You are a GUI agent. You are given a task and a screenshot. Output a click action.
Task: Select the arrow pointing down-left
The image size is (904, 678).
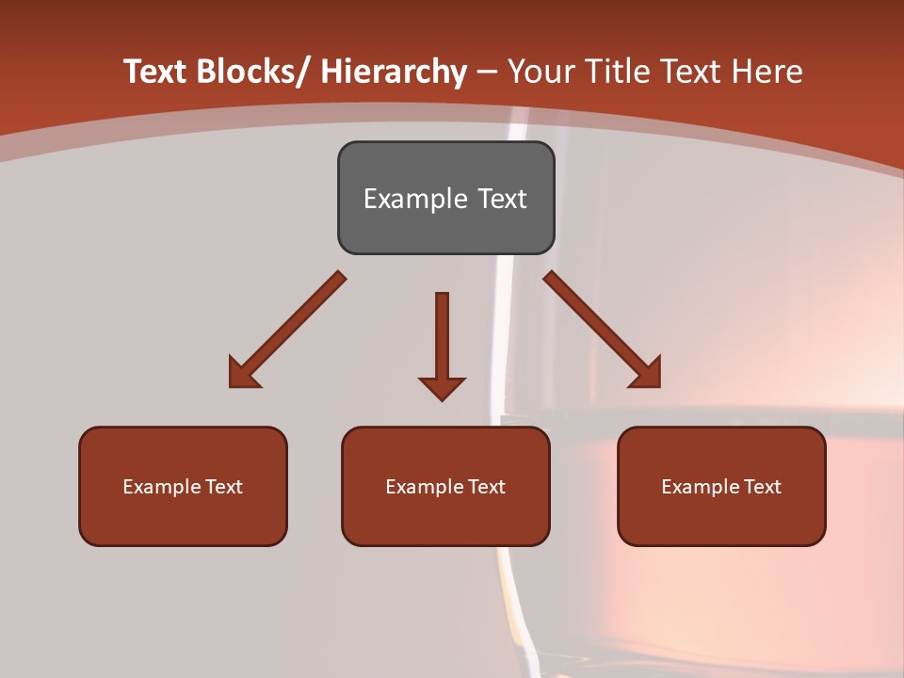(x=287, y=330)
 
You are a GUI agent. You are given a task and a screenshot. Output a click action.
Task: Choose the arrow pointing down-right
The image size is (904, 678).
(x=603, y=330)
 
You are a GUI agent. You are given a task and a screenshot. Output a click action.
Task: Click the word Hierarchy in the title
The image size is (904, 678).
(x=394, y=72)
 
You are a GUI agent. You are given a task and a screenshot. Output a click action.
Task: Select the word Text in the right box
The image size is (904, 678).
(x=761, y=487)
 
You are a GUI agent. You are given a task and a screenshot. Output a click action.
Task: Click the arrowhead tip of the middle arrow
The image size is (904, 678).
(x=442, y=399)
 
